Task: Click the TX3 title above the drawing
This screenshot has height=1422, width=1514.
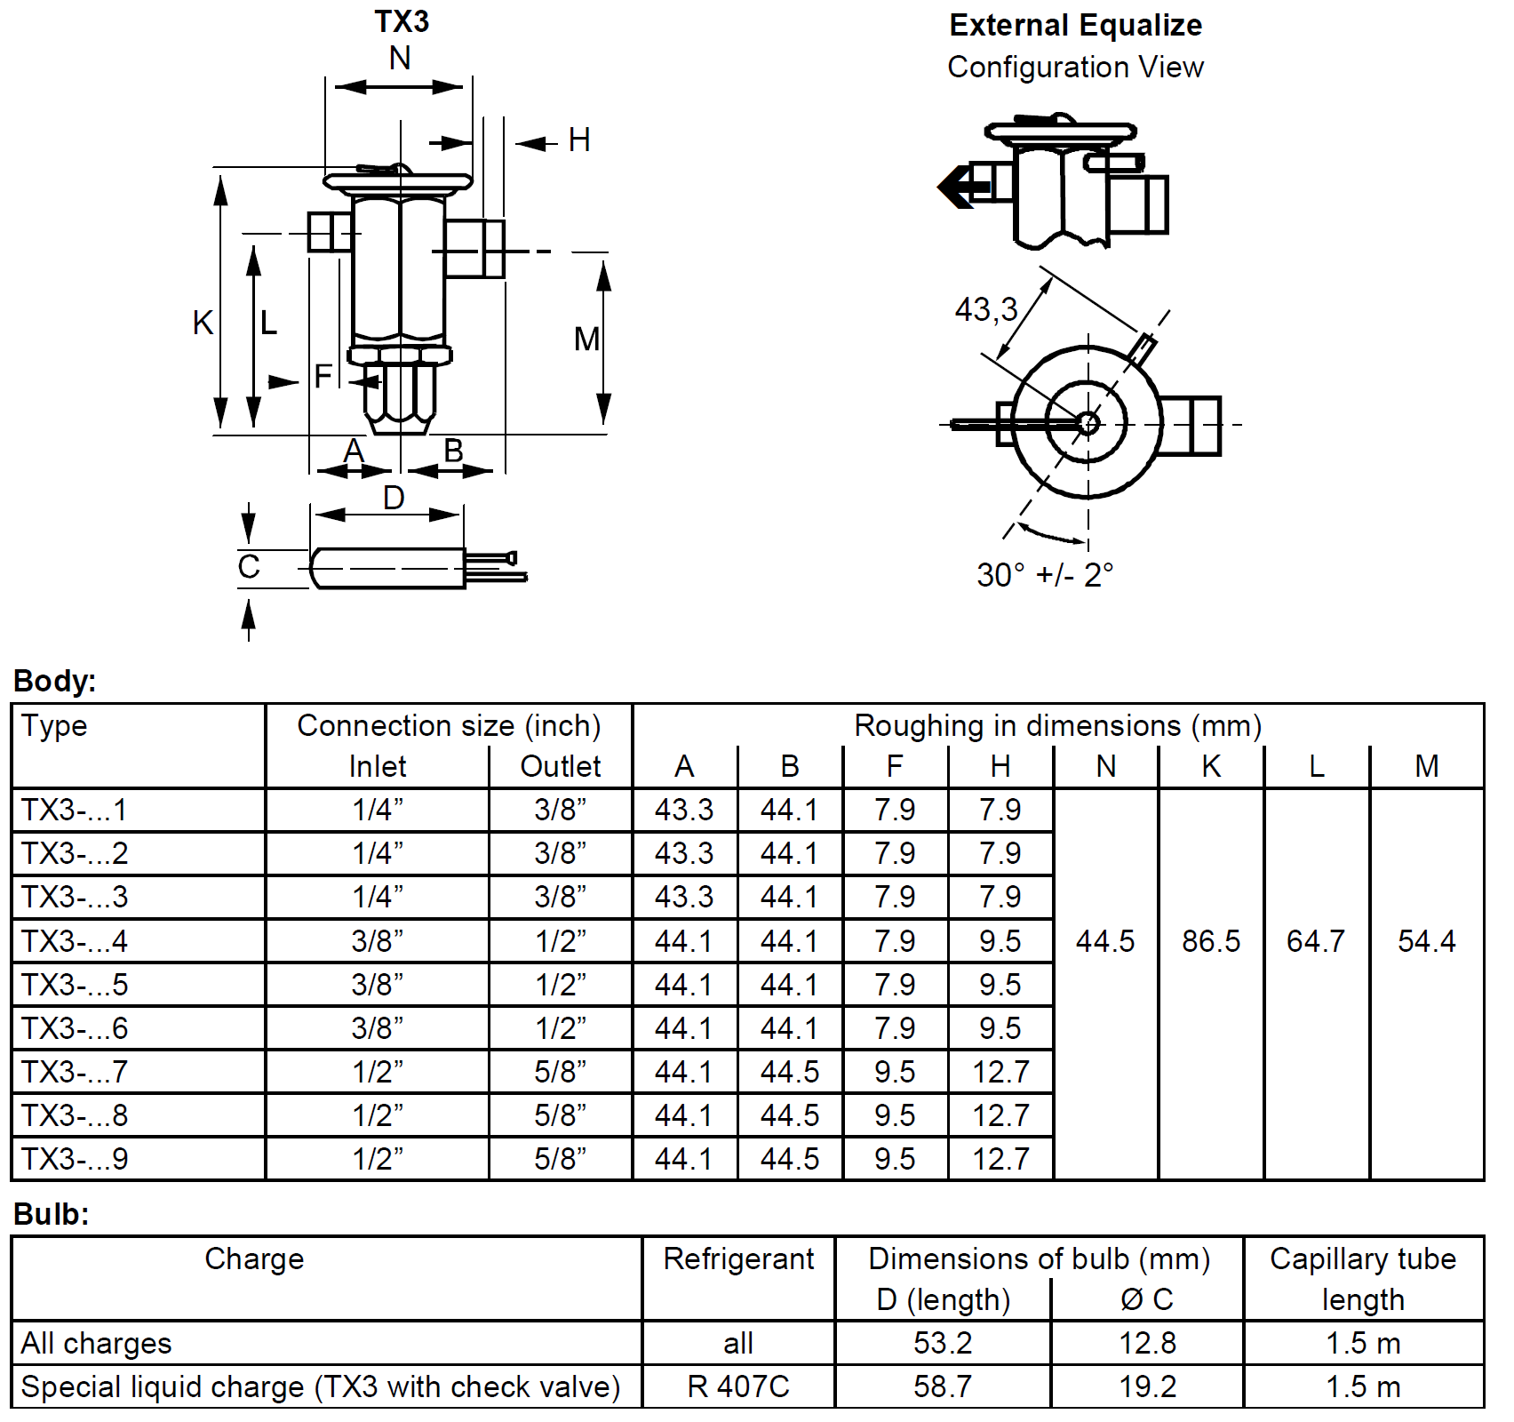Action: [402, 21]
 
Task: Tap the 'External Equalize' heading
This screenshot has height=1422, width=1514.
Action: [1075, 25]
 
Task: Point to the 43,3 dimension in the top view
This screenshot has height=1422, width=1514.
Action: [985, 309]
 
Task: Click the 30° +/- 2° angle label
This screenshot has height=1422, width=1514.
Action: [1044, 575]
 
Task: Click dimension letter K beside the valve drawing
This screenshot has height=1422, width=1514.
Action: [203, 323]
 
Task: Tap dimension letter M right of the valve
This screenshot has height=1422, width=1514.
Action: [586, 339]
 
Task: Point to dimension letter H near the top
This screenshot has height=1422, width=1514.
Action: [579, 140]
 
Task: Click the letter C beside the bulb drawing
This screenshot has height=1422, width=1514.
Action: [249, 566]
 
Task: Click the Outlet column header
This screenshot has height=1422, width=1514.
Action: [560, 766]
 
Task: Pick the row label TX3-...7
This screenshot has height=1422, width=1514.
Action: [75, 1072]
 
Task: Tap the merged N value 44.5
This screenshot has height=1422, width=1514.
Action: [1105, 941]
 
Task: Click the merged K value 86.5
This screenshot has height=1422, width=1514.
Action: [1211, 941]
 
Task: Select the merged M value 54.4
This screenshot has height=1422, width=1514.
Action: [1426, 941]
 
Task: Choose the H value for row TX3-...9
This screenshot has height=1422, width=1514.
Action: [1000, 1159]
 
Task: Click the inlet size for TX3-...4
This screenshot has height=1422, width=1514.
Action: [377, 941]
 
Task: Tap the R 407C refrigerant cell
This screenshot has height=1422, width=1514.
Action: [738, 1386]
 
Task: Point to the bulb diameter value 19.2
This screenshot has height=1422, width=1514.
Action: [1147, 1386]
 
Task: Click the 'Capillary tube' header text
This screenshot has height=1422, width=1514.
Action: [1363, 1258]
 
